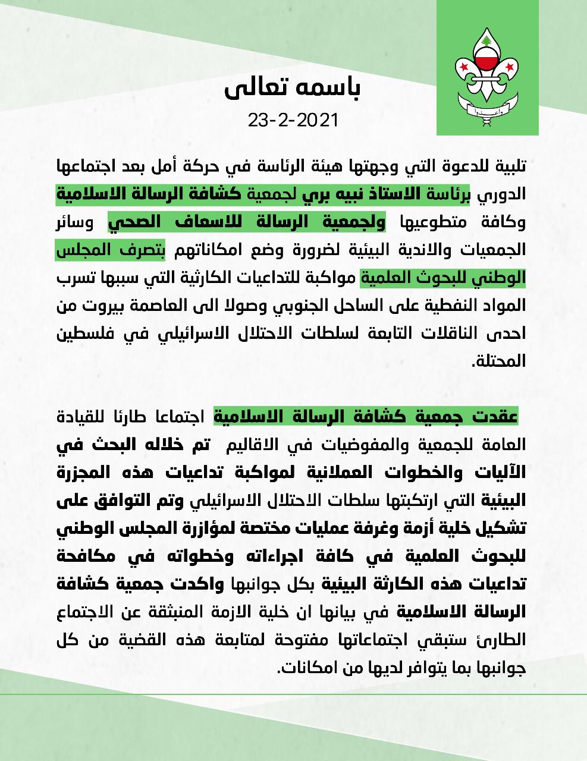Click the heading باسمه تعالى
[293, 89]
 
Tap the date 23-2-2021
[293, 121]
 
